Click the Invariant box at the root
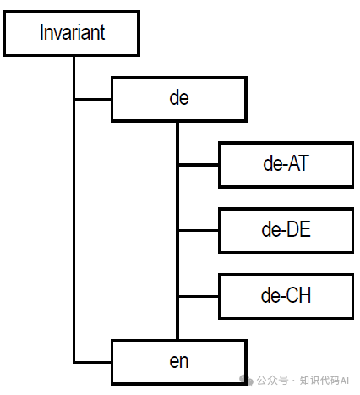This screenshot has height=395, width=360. click(72, 33)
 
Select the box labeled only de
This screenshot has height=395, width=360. click(179, 99)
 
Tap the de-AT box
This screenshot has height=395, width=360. click(286, 165)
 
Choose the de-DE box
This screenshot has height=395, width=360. click(286, 231)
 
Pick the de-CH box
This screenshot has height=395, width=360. click(286, 296)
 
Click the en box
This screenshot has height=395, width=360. click(179, 362)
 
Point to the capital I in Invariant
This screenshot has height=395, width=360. click(41, 32)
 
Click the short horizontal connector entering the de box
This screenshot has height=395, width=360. click(93, 100)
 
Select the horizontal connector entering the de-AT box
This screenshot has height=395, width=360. click(199, 165)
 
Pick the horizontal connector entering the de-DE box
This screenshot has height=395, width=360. click(199, 231)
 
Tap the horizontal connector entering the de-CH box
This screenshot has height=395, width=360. click(199, 296)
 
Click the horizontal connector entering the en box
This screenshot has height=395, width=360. click(92, 362)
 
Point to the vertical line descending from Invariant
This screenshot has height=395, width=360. click(74, 210)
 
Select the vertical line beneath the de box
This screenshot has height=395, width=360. click(177, 231)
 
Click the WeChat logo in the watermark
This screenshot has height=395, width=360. click(246, 380)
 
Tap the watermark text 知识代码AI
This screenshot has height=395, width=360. click(325, 381)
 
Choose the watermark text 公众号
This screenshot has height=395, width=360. click(272, 381)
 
